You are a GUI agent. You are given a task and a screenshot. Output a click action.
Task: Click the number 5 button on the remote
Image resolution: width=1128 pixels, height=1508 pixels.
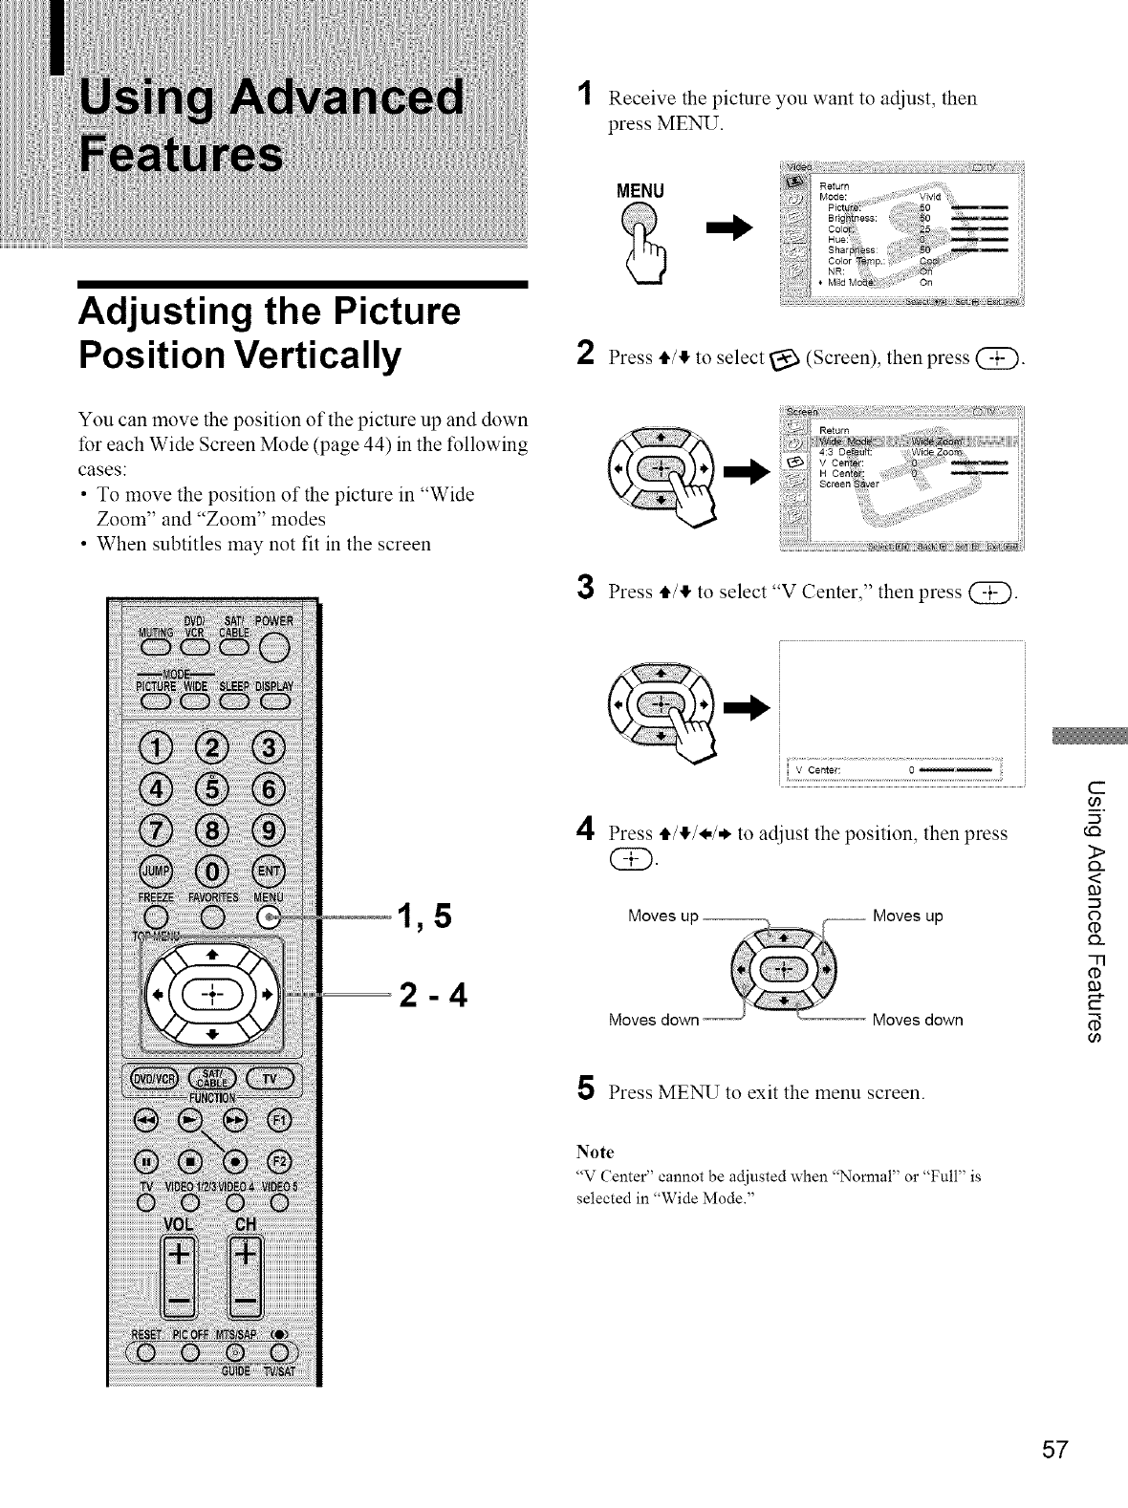(x=209, y=791)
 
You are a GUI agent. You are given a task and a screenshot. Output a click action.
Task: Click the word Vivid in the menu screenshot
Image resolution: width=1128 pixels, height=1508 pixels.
(x=930, y=198)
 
